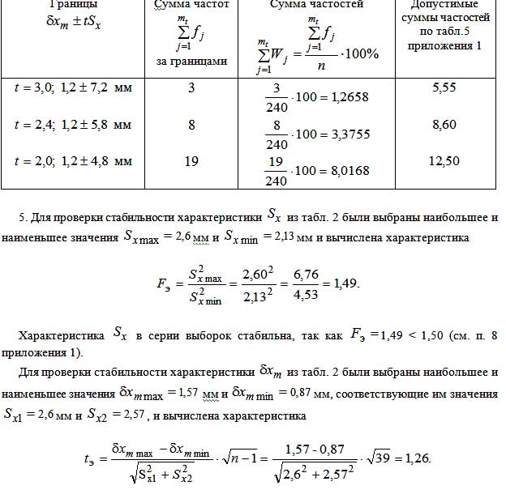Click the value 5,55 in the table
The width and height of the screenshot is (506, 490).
click(x=444, y=87)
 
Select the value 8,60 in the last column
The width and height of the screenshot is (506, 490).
click(x=444, y=125)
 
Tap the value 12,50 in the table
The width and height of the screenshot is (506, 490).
click(x=444, y=161)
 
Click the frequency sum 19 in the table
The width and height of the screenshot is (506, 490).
click(x=192, y=161)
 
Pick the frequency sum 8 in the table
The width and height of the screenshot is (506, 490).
click(x=192, y=125)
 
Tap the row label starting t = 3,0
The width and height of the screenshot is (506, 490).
click(x=73, y=87)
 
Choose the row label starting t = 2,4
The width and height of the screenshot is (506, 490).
click(x=73, y=125)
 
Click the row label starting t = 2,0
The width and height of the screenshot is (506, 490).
click(x=73, y=161)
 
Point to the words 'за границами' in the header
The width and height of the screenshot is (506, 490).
click(x=191, y=61)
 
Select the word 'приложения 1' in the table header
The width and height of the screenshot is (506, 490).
click(x=444, y=46)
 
